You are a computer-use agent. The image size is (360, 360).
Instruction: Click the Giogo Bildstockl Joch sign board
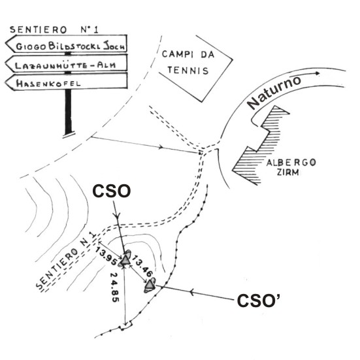click(67, 44)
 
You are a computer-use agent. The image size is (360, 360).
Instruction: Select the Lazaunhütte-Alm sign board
click(67, 63)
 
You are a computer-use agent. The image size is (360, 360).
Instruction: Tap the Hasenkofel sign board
click(67, 82)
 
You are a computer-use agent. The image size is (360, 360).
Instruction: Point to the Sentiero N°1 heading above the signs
click(54, 29)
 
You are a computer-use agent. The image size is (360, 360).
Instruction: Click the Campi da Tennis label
click(188, 62)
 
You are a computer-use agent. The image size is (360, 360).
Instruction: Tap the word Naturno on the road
click(274, 92)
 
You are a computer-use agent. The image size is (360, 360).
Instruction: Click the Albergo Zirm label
click(291, 167)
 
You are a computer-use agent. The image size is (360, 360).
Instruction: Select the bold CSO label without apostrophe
click(112, 191)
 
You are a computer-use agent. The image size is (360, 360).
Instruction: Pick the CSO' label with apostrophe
click(259, 301)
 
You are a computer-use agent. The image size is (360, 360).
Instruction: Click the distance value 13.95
click(106, 256)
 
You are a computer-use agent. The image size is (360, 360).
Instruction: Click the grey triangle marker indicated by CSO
click(125, 260)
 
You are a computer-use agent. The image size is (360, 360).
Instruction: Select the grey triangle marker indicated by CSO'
click(150, 285)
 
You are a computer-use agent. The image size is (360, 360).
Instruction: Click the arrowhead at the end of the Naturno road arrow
click(318, 73)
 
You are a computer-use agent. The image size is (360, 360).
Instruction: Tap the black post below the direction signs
click(69, 112)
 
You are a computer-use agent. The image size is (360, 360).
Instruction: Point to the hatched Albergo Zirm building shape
click(261, 145)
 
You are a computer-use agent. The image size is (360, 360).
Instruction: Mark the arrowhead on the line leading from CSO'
click(191, 293)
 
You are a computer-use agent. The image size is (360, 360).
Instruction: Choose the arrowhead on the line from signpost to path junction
click(161, 147)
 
